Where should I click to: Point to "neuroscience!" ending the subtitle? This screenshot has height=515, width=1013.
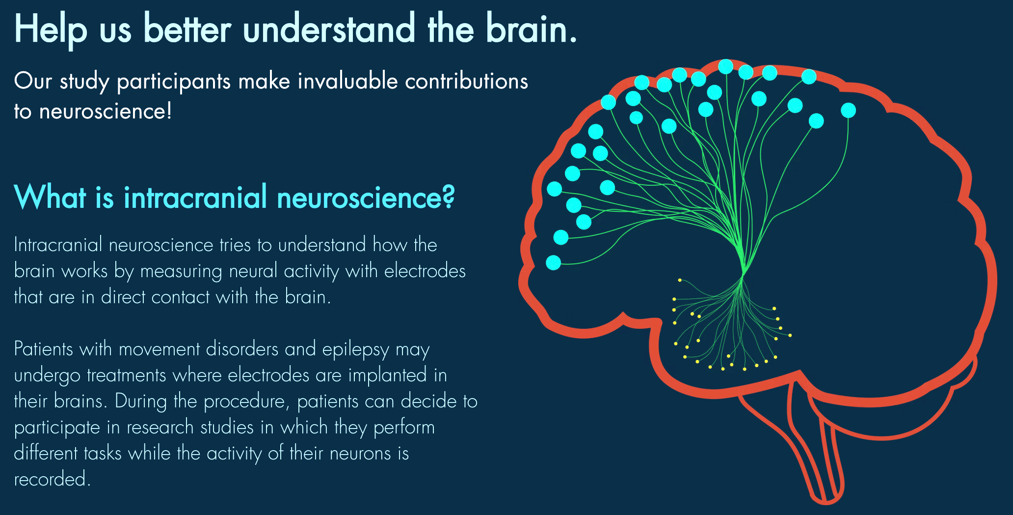(x=106, y=111)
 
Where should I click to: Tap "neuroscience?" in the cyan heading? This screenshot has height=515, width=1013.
(x=366, y=198)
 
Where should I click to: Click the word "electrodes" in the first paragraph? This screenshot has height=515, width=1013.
(x=425, y=271)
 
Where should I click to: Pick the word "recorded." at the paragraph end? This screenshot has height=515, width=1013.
(x=52, y=479)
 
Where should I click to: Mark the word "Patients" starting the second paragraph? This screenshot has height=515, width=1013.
(x=43, y=349)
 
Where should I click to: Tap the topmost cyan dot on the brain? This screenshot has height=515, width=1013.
(x=725, y=66)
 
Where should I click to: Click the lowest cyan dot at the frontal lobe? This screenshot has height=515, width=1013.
(x=553, y=262)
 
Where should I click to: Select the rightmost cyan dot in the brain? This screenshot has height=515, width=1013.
(x=848, y=110)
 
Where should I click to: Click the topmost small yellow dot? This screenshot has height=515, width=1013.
(x=680, y=280)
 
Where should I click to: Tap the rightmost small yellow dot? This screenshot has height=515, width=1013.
(x=790, y=335)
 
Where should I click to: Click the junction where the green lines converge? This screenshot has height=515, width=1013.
(x=743, y=271)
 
